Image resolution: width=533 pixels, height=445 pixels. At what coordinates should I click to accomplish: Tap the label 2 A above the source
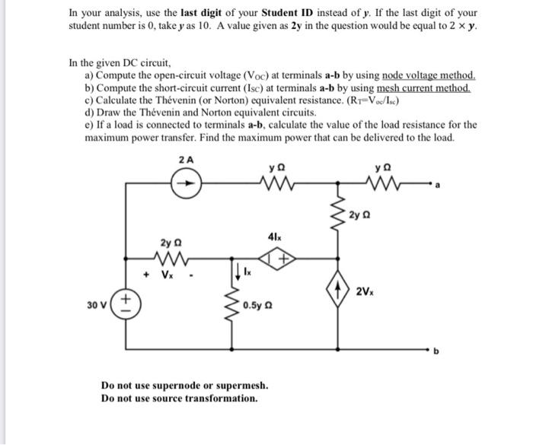click(x=186, y=160)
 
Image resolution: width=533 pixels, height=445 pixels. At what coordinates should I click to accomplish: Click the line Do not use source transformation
click(x=180, y=398)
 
